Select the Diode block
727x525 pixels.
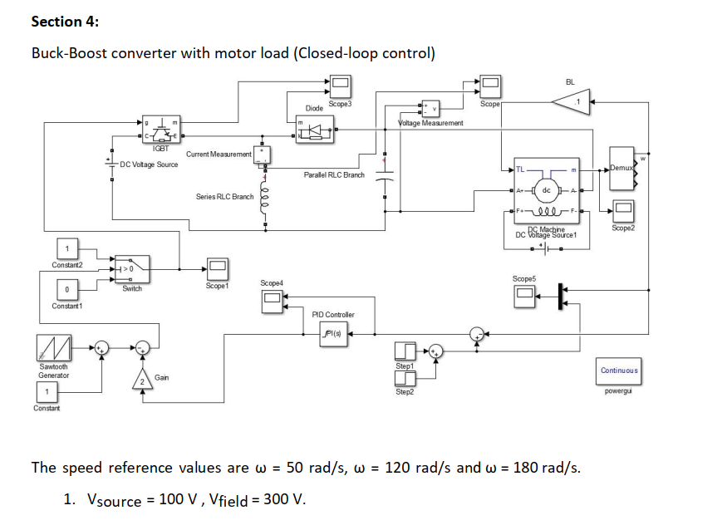pyautogui.click(x=314, y=130)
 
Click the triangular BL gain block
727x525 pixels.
pyautogui.click(x=571, y=102)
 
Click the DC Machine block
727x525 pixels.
pyautogui.click(x=546, y=191)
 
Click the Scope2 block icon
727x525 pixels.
pyautogui.click(x=623, y=211)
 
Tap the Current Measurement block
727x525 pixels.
pyautogui.click(x=263, y=154)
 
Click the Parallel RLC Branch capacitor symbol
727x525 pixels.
pyautogui.click(x=384, y=177)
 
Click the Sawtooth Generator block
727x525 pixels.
pyautogui.click(x=53, y=347)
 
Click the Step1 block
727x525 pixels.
pyautogui.click(x=405, y=350)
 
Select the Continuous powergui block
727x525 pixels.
pyautogui.click(x=619, y=370)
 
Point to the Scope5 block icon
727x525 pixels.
pyautogui.click(x=524, y=294)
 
